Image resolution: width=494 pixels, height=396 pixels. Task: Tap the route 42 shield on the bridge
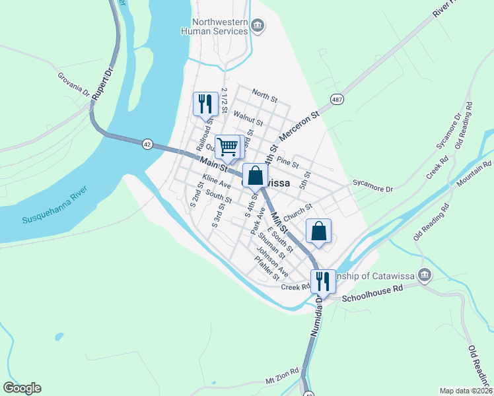[147, 143]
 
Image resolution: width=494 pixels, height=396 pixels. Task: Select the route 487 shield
[337, 100]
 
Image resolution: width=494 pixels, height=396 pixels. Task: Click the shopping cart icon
[227, 147]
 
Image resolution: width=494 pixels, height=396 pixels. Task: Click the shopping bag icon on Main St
[256, 176]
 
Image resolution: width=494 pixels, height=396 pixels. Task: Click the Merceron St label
[300, 125]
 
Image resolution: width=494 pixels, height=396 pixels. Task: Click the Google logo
[22, 388]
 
